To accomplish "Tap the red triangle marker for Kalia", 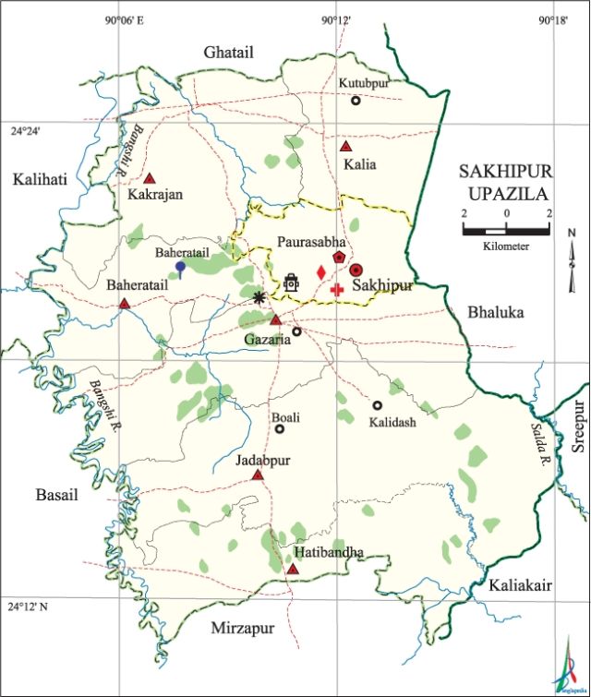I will click(345, 147).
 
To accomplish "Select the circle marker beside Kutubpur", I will click(356, 101).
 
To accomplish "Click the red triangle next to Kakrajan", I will click(149, 178).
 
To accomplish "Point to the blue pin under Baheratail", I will click(181, 269).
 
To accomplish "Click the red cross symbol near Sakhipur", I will click(337, 290).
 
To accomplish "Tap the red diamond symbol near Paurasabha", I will click(320, 272).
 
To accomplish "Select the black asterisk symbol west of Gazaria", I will click(259, 296).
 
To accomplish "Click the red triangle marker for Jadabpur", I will click(258, 475).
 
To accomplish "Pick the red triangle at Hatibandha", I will click(293, 570).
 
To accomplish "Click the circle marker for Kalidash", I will click(377, 405).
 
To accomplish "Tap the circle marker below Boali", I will click(280, 429).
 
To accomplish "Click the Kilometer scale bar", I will click(506, 228).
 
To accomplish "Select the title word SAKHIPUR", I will click(504, 172).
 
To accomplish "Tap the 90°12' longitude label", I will click(336, 18).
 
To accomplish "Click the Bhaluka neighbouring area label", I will click(495, 313).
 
